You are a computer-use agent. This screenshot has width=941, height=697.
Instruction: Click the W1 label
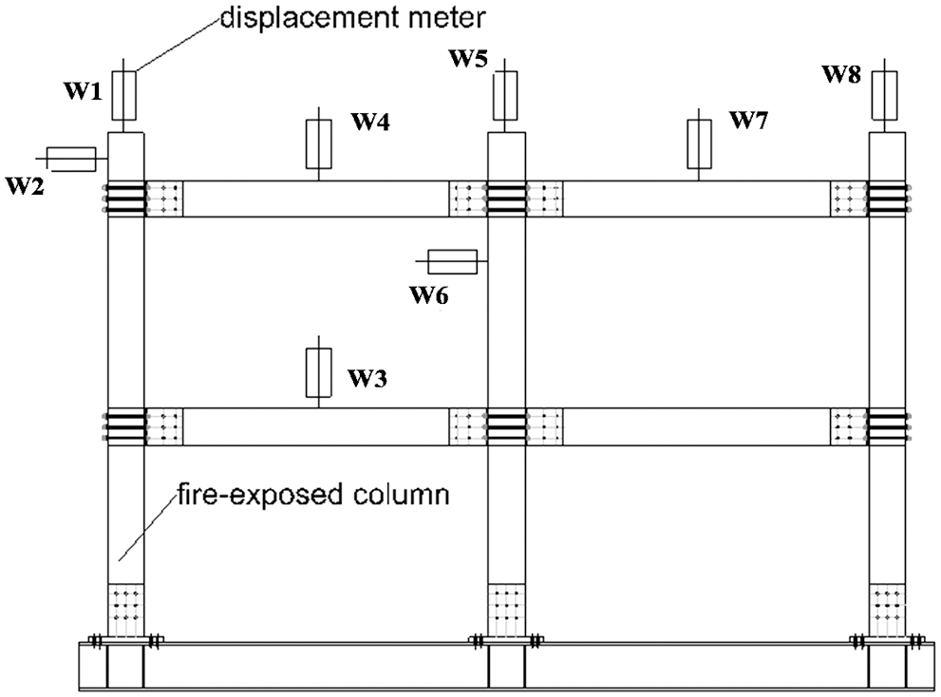click(83, 92)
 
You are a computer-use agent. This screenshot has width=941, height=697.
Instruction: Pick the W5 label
click(467, 60)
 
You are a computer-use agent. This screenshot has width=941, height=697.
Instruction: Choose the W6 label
click(429, 294)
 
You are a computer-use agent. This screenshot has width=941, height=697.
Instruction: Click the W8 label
click(843, 74)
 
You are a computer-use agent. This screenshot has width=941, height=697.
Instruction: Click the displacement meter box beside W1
click(124, 94)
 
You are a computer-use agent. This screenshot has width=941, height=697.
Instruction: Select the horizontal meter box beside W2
click(71, 158)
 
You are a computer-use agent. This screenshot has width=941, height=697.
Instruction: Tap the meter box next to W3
click(317, 371)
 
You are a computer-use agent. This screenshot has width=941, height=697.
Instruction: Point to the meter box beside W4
click(317, 142)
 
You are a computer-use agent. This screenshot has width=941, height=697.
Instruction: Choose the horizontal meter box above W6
click(452, 260)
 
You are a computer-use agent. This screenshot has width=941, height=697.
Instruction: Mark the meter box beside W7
click(699, 142)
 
